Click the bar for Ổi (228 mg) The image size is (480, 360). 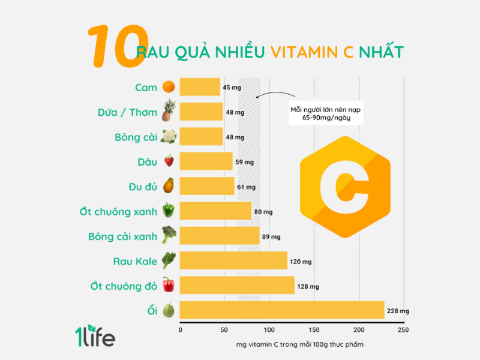[282, 310]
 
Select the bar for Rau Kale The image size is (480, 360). [233, 260]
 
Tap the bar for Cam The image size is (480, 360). [200, 87]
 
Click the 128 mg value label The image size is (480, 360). [308, 286]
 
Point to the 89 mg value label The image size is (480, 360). [271, 236]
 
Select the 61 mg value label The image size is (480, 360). [246, 187]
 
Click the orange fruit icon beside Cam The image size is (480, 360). [168, 87]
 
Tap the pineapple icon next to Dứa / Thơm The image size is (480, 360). [168, 111]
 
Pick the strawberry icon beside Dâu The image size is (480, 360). [169, 161]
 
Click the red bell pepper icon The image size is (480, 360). [168, 284]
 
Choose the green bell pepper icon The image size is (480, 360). [169, 211]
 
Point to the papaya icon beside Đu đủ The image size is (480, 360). [168, 186]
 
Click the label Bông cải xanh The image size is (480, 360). [122, 236]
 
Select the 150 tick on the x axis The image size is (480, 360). [314, 330]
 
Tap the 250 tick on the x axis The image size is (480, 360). [403, 330]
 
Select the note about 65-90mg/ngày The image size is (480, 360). [327, 114]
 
